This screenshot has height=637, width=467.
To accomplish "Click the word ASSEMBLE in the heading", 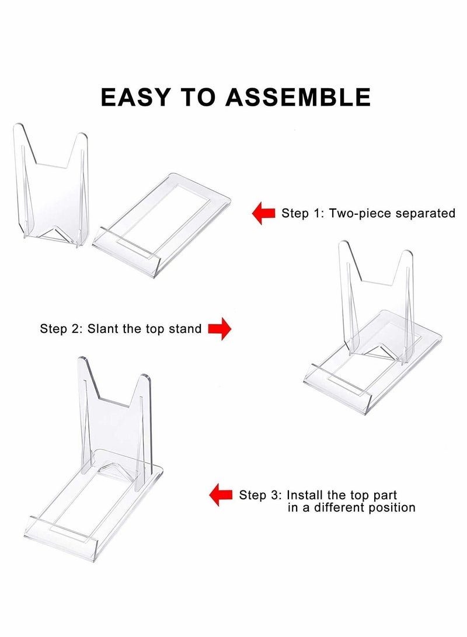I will coord(298,96).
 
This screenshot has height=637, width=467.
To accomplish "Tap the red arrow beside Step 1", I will coord(263,213).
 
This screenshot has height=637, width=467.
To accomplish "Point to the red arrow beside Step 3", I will coord(221,495).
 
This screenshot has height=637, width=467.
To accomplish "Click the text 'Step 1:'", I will coord(303,213).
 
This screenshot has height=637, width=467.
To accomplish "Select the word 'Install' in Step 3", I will coord(308,495).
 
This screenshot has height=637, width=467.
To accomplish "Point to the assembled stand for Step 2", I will coord(374,339).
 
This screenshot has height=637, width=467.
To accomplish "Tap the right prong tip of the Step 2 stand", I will coord(407,255).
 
